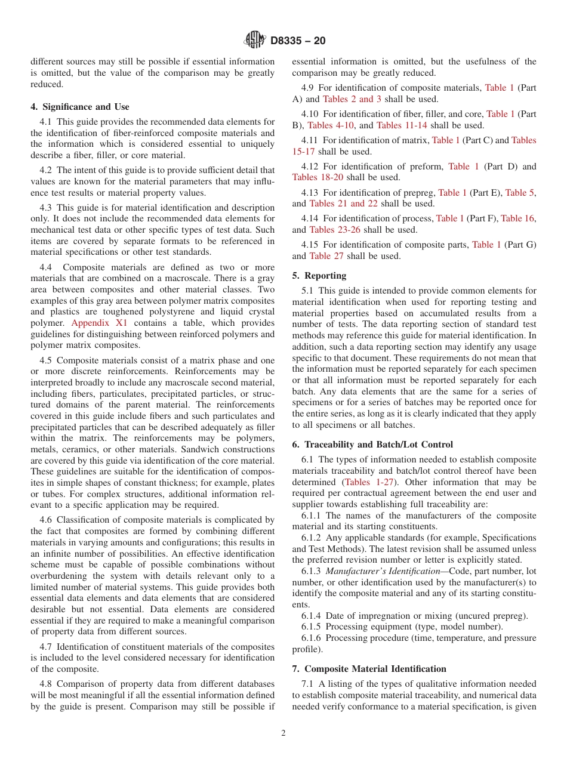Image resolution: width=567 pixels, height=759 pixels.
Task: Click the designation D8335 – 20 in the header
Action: click(298, 41)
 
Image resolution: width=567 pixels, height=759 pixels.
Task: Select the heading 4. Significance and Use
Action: click(79, 107)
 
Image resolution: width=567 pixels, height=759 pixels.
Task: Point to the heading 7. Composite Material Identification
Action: click(369, 669)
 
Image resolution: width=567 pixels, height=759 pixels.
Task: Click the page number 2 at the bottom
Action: click(283, 733)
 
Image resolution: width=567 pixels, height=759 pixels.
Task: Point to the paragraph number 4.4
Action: click(47, 267)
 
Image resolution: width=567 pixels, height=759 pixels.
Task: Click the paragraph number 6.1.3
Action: click(312, 571)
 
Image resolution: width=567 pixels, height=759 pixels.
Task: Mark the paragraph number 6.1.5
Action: click(312, 627)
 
